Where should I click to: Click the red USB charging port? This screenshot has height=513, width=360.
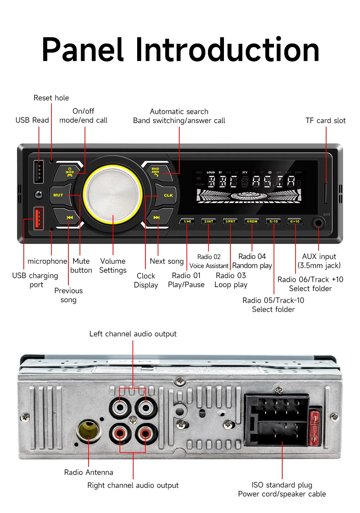click(x=39, y=218)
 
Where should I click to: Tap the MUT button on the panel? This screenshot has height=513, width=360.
click(x=59, y=195)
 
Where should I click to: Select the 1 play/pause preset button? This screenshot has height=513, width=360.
click(x=187, y=221)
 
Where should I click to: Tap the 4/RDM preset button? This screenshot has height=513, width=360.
click(x=252, y=221)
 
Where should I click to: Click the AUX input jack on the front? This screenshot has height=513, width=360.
click(x=318, y=223)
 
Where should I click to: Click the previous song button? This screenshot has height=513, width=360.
click(x=69, y=217)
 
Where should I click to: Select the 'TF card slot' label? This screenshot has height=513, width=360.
click(x=325, y=121)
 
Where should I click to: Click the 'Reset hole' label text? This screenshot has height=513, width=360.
click(x=51, y=98)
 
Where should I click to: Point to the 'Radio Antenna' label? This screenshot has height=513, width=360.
click(x=89, y=472)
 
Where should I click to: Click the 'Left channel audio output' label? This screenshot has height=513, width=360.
click(x=133, y=334)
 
